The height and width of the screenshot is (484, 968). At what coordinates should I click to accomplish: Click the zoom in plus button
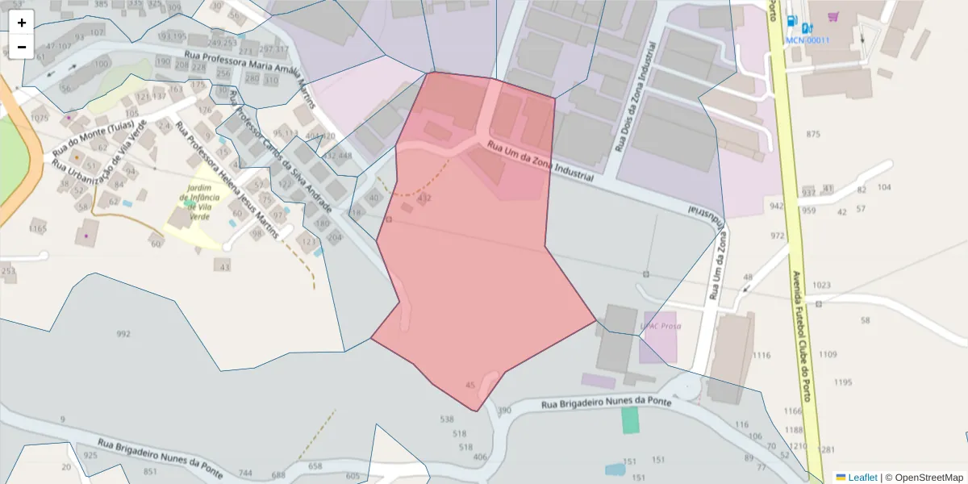tap(22, 23)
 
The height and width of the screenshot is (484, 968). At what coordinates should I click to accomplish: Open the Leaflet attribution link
tap(862, 478)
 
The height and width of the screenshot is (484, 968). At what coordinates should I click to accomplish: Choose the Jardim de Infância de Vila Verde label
tap(194, 201)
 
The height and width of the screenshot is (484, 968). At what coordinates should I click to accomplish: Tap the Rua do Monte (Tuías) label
tap(93, 138)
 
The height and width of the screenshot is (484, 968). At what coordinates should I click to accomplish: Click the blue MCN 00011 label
tap(808, 40)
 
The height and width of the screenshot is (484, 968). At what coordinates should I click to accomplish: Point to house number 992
tap(123, 334)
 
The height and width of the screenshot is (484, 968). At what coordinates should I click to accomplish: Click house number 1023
tap(821, 286)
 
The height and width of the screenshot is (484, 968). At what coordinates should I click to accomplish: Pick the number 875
tap(812, 134)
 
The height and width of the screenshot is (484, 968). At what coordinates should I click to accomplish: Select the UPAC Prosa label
tap(661, 326)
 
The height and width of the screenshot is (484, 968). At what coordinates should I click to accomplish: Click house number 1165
tap(38, 229)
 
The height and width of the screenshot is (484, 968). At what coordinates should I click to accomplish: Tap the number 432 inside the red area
tap(424, 198)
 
